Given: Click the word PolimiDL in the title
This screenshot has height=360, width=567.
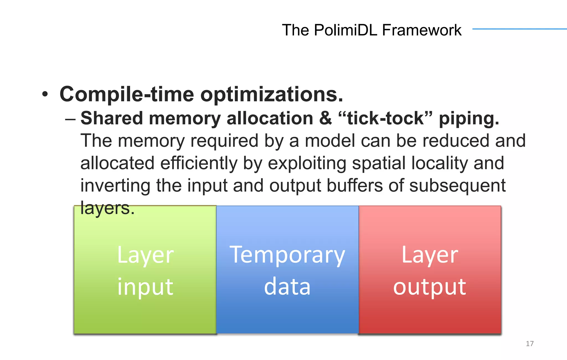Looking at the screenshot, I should (x=346, y=30).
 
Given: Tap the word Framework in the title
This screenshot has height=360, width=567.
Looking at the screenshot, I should (x=422, y=30).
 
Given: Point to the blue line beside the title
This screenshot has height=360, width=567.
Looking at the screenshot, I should (x=519, y=29).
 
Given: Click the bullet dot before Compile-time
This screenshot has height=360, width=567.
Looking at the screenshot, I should (x=45, y=94).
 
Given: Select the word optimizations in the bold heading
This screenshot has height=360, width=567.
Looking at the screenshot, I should (x=272, y=94).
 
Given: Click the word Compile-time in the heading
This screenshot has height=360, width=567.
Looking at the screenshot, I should (x=127, y=94).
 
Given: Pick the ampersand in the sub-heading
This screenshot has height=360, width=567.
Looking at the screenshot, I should (x=325, y=118).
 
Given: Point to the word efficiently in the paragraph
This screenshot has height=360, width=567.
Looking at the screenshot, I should (x=199, y=163).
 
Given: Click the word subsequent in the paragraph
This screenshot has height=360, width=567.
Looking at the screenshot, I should (x=457, y=186).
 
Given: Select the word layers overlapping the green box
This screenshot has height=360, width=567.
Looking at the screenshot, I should (x=107, y=208).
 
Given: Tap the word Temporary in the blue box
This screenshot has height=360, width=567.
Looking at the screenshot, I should (x=287, y=255).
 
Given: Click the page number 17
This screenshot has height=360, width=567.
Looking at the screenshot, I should (x=529, y=344).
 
